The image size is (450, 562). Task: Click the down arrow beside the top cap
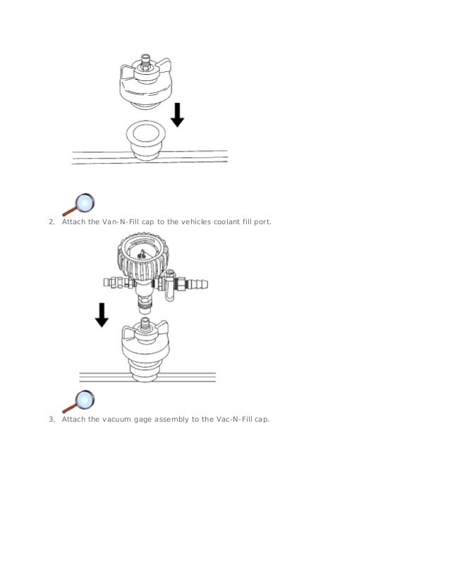[x=177, y=115]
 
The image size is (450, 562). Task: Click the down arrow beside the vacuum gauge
[x=102, y=314]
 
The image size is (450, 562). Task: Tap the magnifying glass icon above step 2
[x=79, y=205]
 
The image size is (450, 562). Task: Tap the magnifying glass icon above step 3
[x=79, y=402]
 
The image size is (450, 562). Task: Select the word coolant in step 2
[x=226, y=222]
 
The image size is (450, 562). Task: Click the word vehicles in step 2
[x=196, y=222]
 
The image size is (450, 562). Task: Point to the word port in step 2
[x=262, y=222]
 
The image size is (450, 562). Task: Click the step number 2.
[x=51, y=222]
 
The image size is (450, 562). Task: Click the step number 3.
[x=51, y=420]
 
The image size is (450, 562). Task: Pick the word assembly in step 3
[x=172, y=420]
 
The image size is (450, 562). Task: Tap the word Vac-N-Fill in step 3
[x=234, y=420]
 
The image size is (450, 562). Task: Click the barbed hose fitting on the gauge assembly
[x=197, y=285]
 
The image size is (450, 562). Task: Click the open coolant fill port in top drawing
[x=146, y=134]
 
